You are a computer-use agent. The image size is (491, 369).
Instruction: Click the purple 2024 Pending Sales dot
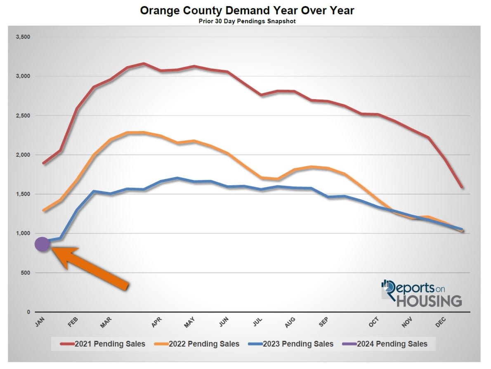pos(42,244)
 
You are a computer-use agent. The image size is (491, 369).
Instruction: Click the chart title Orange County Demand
pos(247,10)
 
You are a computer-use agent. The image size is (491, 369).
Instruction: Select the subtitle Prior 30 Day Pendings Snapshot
pos(247,21)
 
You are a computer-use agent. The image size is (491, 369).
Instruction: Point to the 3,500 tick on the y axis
pos(23,37)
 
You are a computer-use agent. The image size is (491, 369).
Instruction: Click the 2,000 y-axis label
pos(23,155)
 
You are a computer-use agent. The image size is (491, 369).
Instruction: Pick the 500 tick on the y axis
pos(26,273)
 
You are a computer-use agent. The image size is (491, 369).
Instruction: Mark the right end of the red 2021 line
pos(462,187)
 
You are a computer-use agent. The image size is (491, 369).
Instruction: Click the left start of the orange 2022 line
pos(43,211)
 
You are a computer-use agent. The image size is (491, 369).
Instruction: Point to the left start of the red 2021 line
pos(43,163)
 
